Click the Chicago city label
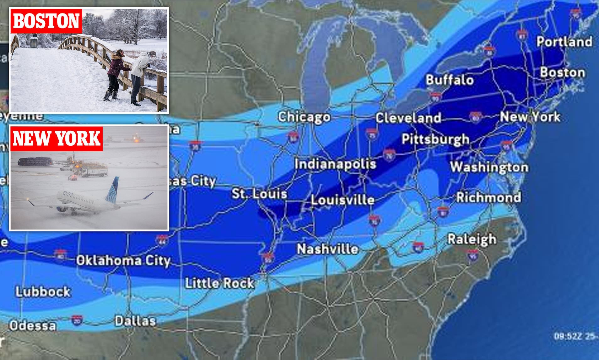304,117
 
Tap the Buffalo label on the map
450,80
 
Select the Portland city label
564,41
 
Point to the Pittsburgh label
435,139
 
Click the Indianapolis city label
335,164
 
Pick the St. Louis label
259,193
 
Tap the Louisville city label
343,200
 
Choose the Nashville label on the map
327,249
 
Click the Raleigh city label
472,239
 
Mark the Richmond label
488,197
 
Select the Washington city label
489,167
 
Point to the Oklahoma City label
123,260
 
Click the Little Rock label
219,283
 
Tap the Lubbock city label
43,292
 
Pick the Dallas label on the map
135,321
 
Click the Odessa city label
33,325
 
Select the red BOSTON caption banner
46,21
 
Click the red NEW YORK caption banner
57,139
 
